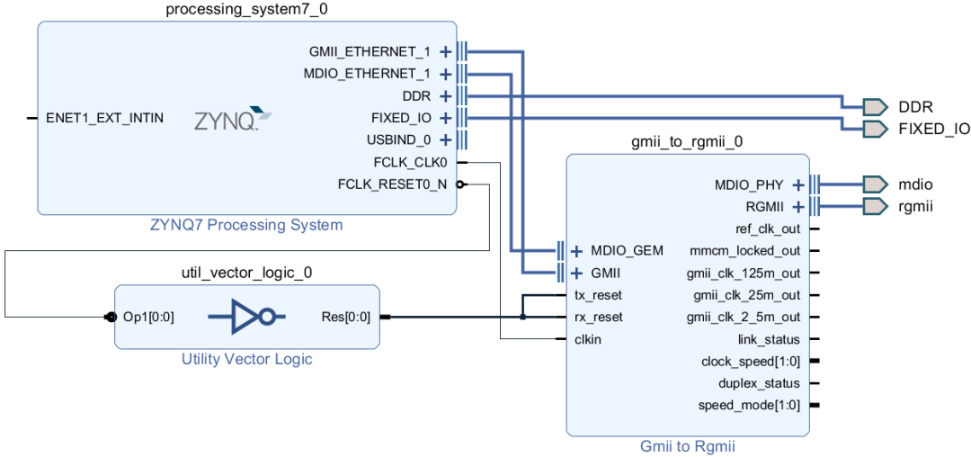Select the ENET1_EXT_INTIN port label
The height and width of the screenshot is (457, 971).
104,118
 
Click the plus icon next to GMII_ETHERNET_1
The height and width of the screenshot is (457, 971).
445,51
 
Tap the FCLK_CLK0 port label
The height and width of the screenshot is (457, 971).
410,162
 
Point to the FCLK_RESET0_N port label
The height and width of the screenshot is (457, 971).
392,184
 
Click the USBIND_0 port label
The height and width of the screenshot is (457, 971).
398,139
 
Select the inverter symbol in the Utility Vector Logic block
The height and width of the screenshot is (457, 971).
245,317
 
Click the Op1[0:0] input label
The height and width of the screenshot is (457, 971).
148,317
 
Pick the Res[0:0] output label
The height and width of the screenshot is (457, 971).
345,317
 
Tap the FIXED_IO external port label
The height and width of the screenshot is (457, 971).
934,129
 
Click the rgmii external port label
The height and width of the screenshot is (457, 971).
915,206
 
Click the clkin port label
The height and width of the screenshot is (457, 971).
589,339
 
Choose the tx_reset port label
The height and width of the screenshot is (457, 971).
598,295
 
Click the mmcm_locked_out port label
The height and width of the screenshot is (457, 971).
744,250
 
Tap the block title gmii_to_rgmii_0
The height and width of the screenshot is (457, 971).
687,142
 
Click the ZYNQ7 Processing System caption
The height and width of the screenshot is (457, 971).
245,225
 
